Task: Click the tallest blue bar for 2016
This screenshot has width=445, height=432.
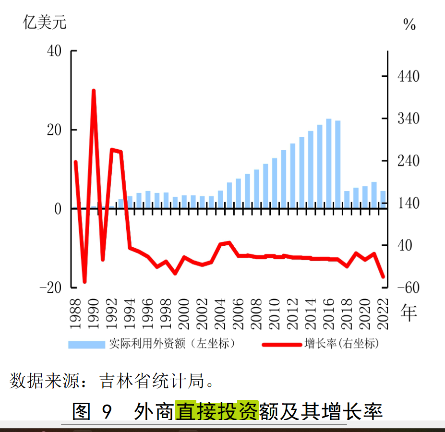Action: [x=329, y=163]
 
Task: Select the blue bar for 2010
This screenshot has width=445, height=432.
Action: [x=275, y=183]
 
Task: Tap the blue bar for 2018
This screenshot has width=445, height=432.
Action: [x=347, y=199]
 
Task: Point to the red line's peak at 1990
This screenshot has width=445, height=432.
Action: [x=94, y=91]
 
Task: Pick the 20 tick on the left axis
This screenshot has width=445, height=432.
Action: [x=54, y=130]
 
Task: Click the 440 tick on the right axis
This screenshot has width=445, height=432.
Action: [x=409, y=76]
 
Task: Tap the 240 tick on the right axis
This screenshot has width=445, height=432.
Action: [x=409, y=161]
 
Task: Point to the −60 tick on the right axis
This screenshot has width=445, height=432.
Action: [x=408, y=287]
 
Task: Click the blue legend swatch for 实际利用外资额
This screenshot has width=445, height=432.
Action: [x=86, y=344]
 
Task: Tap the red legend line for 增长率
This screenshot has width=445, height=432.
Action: [x=281, y=344]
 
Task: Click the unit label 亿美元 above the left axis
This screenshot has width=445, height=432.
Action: [x=45, y=22]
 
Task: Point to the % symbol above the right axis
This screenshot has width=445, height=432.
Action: [x=409, y=25]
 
